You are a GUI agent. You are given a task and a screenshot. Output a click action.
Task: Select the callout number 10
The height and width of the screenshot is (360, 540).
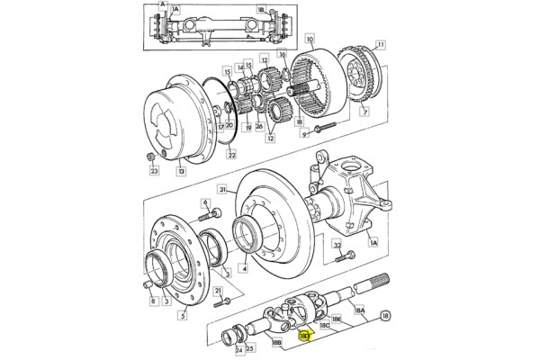tap(310, 41)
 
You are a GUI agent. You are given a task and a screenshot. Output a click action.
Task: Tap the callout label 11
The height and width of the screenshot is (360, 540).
tap(381, 44)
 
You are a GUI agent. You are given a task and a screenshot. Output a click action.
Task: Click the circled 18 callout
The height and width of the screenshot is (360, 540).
tap(385, 317)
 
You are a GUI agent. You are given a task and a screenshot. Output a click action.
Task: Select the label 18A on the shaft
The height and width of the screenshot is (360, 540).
tap(360, 310)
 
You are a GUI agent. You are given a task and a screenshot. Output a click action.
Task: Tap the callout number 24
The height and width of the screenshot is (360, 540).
tap(226, 350)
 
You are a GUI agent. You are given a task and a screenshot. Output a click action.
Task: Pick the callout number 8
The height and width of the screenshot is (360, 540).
tap(153, 302)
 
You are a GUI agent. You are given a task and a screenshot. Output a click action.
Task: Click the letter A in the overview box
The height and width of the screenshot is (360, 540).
tap(162, 4)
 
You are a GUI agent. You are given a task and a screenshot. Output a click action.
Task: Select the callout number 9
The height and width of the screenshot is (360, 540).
tap(304, 134)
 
